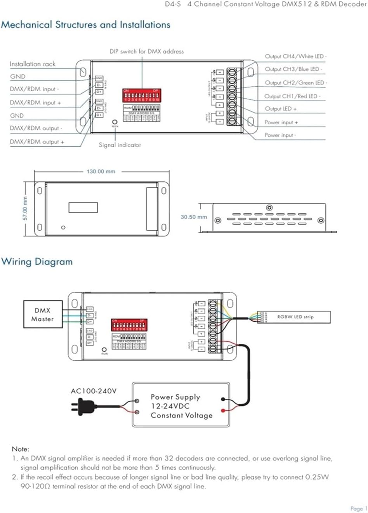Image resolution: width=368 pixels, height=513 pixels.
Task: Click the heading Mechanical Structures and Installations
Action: coord(85,25)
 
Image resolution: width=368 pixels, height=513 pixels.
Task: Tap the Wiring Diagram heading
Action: coord(37,262)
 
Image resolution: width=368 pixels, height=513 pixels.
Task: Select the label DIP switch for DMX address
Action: coord(146,51)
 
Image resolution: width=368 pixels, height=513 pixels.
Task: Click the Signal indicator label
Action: coord(120,145)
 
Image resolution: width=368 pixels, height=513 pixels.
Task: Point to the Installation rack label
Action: coord(33,64)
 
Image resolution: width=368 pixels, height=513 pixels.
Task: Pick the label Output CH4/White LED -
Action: coord(295,57)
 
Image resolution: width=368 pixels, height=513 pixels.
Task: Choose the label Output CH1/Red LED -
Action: coord(292,96)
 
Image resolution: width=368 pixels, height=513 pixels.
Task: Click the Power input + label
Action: coord(281,122)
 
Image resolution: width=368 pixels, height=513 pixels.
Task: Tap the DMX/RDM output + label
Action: coord(37,142)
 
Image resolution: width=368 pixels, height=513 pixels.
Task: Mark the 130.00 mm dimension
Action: coord(101,171)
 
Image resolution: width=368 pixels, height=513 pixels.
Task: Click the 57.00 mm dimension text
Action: coord(25,209)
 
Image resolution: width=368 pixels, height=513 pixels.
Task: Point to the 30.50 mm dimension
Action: coord(194,217)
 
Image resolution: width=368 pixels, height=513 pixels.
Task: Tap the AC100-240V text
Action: coord(94,391)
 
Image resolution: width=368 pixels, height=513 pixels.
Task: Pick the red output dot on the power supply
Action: coord(223,410)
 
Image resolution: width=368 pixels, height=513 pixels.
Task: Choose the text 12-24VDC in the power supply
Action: coord(170,406)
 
